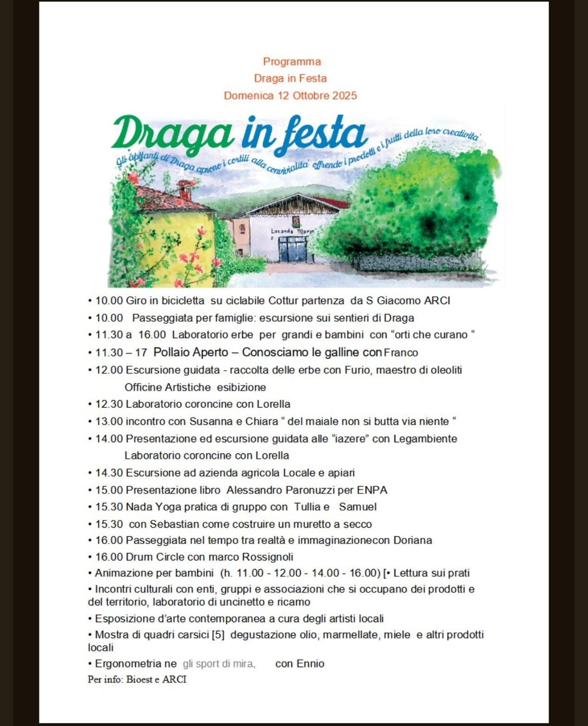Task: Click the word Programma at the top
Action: coord(292,62)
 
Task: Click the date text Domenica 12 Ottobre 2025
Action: coord(290,96)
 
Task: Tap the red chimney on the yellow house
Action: coord(185,190)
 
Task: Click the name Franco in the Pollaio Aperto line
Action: coord(401,353)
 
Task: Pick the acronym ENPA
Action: coord(372,490)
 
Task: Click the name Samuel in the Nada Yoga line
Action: coord(358,507)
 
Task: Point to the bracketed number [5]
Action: coord(218,635)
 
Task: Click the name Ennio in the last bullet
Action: coord(311,664)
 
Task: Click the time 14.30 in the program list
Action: coord(109,473)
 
